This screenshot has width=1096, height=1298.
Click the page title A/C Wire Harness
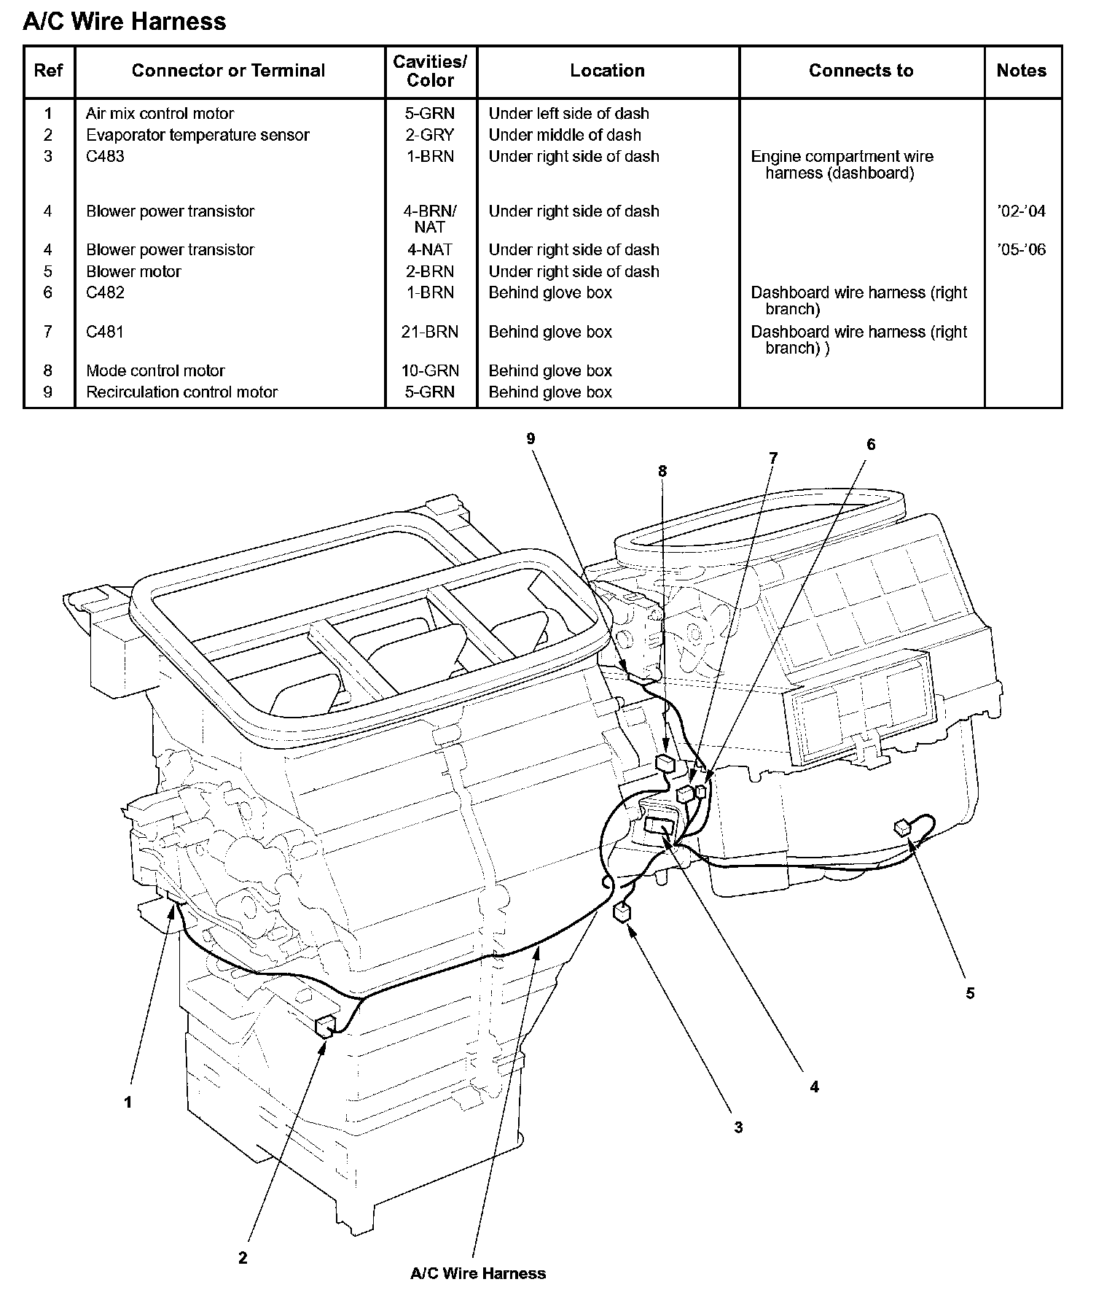[x=125, y=22]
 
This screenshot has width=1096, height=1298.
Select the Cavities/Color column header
[x=430, y=71]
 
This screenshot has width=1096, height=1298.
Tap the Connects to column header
[x=861, y=71]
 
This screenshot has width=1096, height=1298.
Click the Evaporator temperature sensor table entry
[x=197, y=135]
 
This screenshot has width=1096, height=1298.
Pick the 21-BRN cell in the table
[x=430, y=332]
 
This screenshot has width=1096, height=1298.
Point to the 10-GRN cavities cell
[x=430, y=370]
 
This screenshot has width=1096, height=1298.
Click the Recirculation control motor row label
[x=181, y=392]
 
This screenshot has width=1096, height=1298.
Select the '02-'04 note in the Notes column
[x=1021, y=211]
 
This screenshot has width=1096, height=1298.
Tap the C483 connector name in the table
[x=105, y=156]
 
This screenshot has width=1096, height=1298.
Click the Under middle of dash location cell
[x=565, y=135]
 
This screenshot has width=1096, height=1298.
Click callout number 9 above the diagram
[x=531, y=438]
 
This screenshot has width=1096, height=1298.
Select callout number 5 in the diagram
[x=970, y=993]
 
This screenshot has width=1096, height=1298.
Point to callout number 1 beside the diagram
[x=128, y=1103]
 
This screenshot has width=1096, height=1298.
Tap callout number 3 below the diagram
[x=738, y=1127]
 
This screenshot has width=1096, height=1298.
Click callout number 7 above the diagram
[x=773, y=458]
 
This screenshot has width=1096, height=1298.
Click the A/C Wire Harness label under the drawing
[x=478, y=1273]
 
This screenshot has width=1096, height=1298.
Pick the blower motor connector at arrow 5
[x=903, y=826]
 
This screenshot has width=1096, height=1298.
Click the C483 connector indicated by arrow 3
[x=622, y=913]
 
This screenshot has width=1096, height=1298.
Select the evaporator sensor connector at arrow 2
[x=325, y=1025]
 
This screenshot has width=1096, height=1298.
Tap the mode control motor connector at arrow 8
[x=665, y=763]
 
